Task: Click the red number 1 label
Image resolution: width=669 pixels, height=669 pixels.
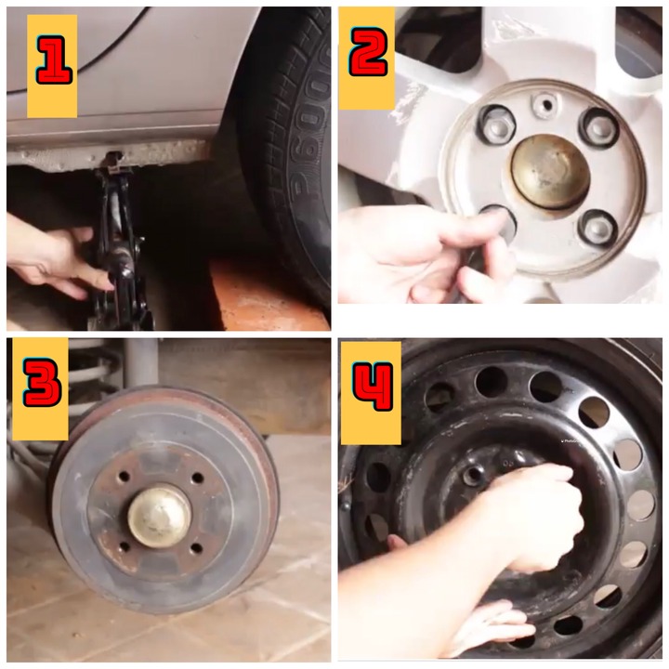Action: point(54,60)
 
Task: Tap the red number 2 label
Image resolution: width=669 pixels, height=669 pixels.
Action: point(368,51)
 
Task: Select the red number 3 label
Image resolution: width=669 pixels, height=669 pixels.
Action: point(42,382)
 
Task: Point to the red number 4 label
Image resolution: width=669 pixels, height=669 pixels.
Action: point(373,387)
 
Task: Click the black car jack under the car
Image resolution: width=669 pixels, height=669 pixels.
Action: point(119,247)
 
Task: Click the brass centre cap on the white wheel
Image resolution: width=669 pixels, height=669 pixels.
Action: point(550,172)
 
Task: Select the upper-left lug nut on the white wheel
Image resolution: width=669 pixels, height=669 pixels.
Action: point(496,125)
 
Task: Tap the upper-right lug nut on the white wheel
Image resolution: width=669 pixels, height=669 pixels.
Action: point(599,126)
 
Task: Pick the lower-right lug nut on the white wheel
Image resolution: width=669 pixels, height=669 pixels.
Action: point(598,229)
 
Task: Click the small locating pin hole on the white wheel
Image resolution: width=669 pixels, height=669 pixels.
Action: point(545,104)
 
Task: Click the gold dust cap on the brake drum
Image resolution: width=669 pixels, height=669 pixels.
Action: point(160,517)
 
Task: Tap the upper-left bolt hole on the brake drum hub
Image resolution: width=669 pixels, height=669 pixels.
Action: point(125,476)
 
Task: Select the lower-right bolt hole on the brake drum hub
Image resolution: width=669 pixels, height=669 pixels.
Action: point(196,548)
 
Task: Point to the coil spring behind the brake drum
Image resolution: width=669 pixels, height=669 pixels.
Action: point(91,375)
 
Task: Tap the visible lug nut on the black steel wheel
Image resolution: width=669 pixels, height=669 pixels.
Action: point(474,475)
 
